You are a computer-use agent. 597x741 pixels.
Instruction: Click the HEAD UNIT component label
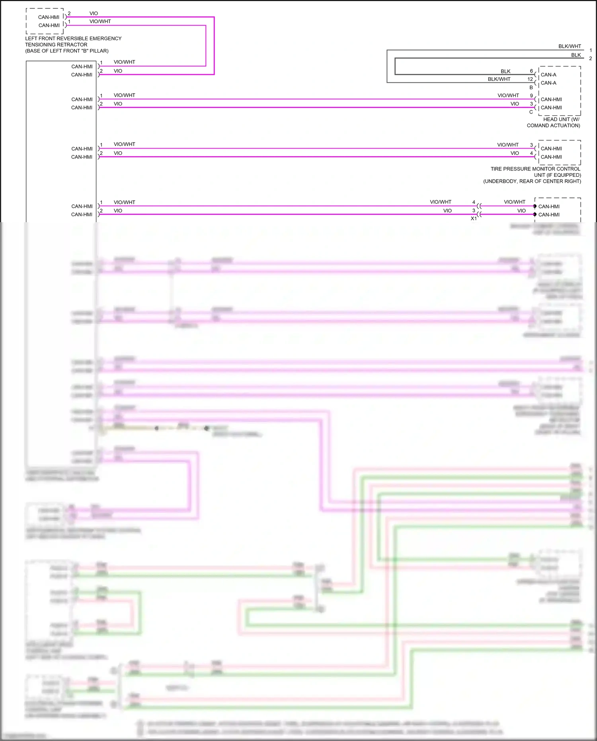561,119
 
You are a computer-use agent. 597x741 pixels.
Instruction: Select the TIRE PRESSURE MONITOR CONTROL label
535,169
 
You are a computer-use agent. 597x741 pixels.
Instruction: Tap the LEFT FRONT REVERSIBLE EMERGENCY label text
73,38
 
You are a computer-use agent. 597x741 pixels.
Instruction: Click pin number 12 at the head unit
530,79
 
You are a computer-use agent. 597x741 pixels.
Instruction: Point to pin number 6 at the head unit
531,71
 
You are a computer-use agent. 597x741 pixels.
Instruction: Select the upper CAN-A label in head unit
548,74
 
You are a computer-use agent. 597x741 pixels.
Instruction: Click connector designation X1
474,218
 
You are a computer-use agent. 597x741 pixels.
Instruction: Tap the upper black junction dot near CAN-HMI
535,206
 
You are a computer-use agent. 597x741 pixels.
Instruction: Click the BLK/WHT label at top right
570,46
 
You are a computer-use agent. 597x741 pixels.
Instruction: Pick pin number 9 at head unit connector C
531,96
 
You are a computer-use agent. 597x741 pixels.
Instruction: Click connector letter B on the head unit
531,87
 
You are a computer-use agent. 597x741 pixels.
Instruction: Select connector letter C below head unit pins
531,112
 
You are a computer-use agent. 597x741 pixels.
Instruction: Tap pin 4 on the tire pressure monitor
531,153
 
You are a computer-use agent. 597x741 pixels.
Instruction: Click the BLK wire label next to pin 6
505,71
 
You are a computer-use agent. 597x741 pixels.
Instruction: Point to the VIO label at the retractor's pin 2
94,13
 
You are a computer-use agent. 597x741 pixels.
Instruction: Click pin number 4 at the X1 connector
474,202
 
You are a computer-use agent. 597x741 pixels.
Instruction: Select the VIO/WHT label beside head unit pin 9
508,96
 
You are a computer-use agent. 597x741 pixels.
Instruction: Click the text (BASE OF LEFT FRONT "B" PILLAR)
67,51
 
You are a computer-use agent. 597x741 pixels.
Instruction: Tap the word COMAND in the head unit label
538,125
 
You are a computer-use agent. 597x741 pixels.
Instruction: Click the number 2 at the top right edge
591,59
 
